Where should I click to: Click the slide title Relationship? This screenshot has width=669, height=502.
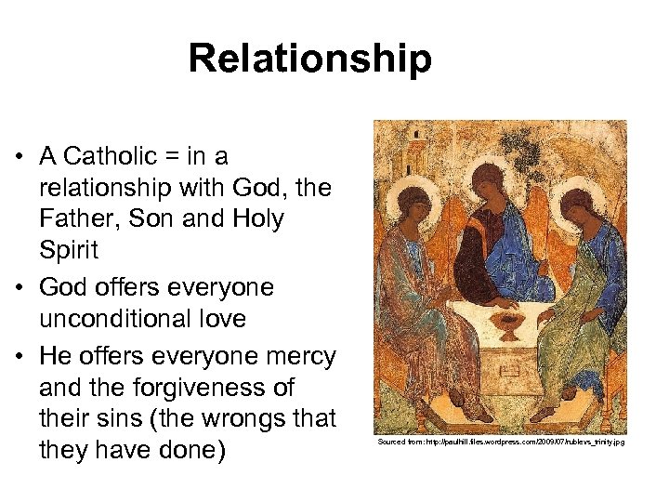tap(309, 59)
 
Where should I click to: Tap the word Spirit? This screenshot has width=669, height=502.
tap(67, 251)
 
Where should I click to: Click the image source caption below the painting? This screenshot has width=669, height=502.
tap(501, 442)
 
